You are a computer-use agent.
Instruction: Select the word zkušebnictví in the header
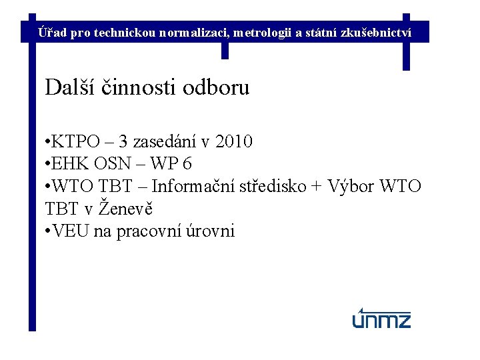coord(380,32)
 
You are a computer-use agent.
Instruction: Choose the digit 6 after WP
coord(187,164)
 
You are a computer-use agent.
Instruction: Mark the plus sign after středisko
coord(317,187)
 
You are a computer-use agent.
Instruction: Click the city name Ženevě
coord(127,209)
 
